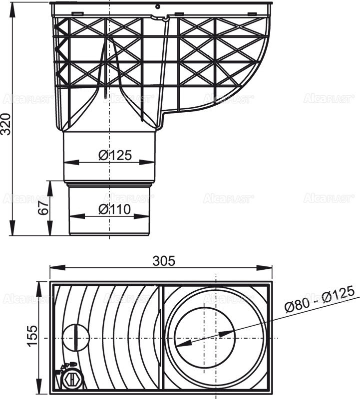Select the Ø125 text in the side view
(x=115, y=155)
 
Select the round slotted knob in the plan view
(x=75, y=338)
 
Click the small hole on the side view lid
(x=157, y=7)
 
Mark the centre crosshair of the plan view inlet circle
(x=215, y=338)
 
